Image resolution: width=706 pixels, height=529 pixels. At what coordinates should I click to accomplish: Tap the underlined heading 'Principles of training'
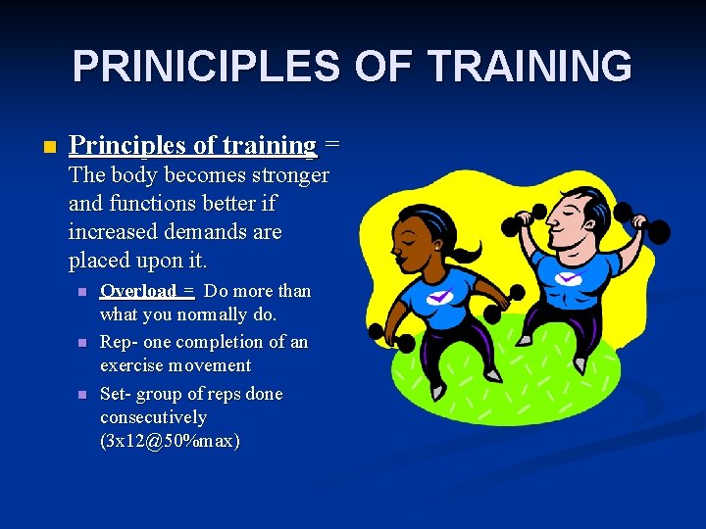coord(193,146)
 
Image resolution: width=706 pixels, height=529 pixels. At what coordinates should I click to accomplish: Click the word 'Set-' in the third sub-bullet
coord(116,394)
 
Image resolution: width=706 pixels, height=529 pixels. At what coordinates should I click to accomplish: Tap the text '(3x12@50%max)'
coord(170,441)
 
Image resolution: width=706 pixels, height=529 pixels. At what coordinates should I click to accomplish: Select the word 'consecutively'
coord(153,417)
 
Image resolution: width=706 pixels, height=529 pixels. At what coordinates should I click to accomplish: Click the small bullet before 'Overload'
coord(82,292)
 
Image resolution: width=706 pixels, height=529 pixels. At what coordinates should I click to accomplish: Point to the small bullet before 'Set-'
coord(82,395)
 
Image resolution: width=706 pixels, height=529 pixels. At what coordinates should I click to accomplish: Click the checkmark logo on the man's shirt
coord(569,277)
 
